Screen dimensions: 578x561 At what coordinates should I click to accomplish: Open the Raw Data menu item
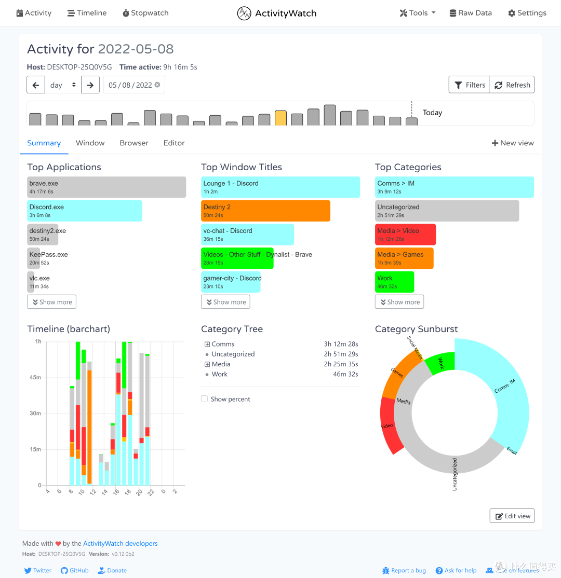470,13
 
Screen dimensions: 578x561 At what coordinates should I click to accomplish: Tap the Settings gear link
527,13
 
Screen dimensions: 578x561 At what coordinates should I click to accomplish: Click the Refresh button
512,85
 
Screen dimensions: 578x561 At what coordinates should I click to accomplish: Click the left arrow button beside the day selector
36,85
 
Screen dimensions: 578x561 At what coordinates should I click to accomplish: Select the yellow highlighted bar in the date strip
280,118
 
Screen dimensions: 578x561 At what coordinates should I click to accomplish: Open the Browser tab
134,143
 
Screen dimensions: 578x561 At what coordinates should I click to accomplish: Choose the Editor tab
174,143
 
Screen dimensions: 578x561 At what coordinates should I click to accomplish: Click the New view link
513,143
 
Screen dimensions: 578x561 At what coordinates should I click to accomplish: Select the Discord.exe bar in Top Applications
85,211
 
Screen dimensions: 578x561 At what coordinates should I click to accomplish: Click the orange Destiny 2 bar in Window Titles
265,211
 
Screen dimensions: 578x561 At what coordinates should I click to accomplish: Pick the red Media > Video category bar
405,235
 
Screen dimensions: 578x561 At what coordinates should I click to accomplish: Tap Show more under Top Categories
399,302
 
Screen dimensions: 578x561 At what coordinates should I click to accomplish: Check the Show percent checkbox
205,399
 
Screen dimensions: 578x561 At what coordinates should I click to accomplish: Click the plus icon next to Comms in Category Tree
207,344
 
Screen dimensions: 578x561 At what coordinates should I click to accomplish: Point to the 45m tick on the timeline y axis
35,377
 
